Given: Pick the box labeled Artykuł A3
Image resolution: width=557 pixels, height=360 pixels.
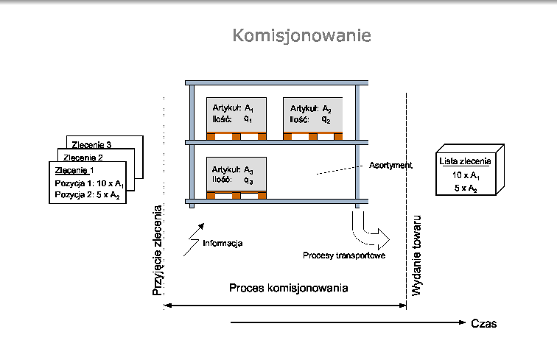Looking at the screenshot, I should [236, 174].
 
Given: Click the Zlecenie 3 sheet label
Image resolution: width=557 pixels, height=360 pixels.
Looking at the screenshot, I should [91, 144].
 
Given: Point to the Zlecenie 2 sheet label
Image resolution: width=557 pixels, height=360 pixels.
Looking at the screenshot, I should [83, 157].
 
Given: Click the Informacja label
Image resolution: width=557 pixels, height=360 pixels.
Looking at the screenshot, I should [223, 243].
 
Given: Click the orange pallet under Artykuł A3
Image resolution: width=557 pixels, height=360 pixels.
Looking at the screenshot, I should [237, 194].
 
